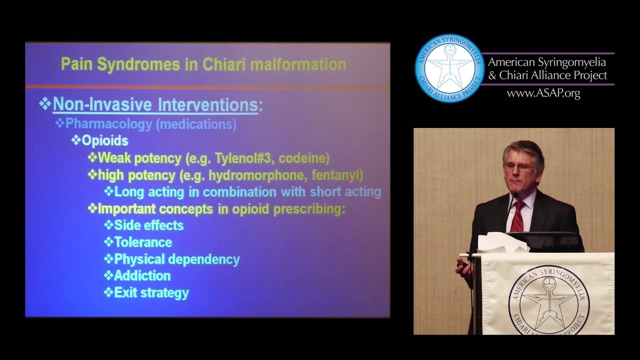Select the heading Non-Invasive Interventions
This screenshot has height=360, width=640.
coord(155,105)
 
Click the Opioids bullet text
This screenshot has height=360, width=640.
coord(104,141)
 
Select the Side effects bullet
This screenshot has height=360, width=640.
coord(148,225)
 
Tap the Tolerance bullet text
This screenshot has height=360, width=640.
coord(143,242)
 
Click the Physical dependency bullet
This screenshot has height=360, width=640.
coord(177,259)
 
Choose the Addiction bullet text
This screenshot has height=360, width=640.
coord(142,276)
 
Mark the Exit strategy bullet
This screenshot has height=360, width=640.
coord(151,293)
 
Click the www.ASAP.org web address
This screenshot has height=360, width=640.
coord(543,93)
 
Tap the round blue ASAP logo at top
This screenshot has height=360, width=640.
coord(449,68)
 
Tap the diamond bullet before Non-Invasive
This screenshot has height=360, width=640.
coord(45,104)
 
